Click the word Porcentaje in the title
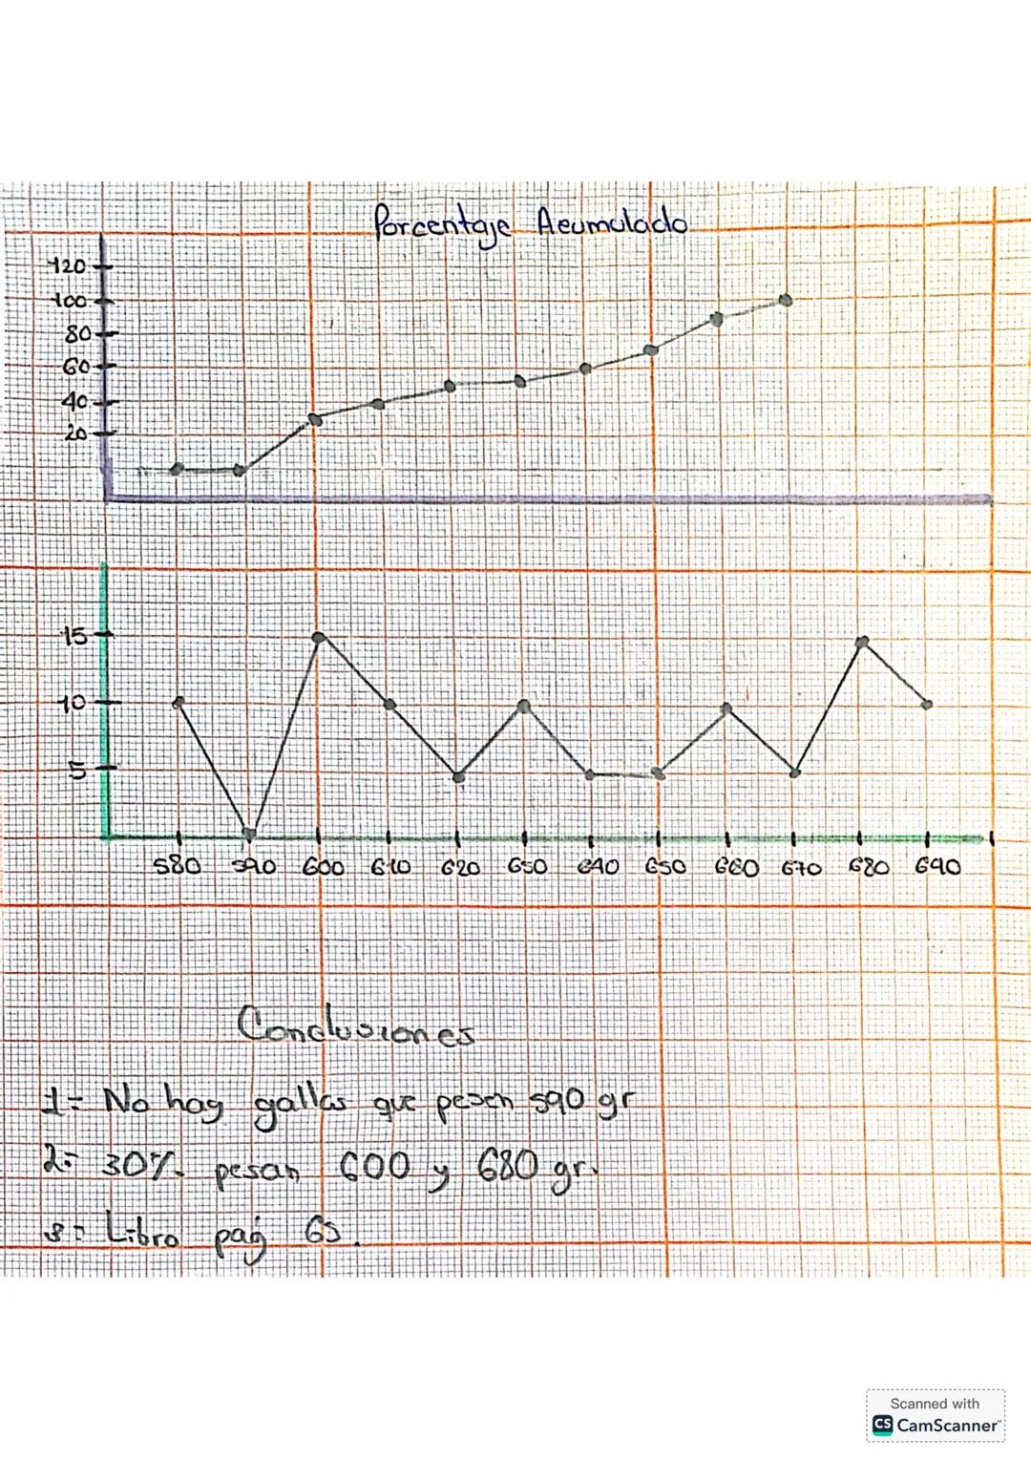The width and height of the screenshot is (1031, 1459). [x=442, y=226]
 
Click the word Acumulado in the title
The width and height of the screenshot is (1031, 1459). [x=611, y=222]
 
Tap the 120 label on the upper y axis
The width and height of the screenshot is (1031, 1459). [x=67, y=265]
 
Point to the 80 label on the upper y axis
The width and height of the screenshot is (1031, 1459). [x=77, y=334]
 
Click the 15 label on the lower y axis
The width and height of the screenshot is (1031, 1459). [x=74, y=635]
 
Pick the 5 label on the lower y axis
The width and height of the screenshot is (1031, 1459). [x=76, y=770]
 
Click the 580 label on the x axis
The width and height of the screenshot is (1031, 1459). [x=177, y=866]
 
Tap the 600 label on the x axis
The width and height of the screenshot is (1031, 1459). [x=323, y=867]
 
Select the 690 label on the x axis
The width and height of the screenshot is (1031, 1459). [x=937, y=866]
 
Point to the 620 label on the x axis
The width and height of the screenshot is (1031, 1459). [x=460, y=868]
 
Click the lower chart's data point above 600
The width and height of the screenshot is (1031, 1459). [x=319, y=637]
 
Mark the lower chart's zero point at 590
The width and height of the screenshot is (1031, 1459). [x=249, y=834]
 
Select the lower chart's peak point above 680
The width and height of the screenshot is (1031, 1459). [x=862, y=642]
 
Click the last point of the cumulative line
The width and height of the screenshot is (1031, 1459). [x=786, y=300]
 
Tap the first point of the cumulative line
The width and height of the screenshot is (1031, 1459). [x=177, y=469]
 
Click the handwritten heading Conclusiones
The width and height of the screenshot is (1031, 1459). [x=355, y=1027]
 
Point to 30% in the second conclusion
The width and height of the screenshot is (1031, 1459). [x=140, y=1165]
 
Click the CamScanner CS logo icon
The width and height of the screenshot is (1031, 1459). [x=883, y=1425]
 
